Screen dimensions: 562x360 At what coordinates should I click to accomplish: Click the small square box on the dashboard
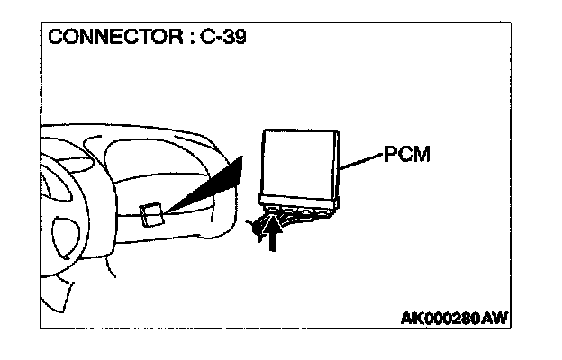pyautogui.click(x=152, y=214)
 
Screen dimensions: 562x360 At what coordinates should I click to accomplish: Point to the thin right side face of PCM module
pyautogui.click(x=339, y=163)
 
